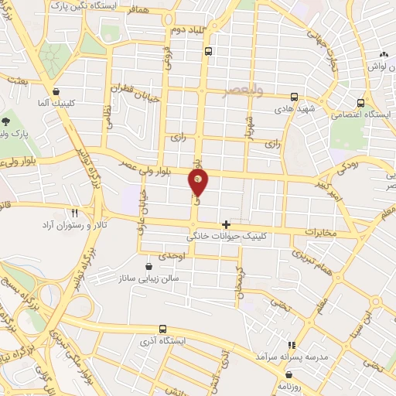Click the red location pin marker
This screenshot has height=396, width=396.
pyautogui.click(x=199, y=181)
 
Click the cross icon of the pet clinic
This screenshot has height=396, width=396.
pyautogui.click(x=226, y=224)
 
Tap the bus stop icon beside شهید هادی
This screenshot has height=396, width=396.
pyautogui.click(x=293, y=97)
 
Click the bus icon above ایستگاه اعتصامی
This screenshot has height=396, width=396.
pyautogui.click(x=361, y=102)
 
